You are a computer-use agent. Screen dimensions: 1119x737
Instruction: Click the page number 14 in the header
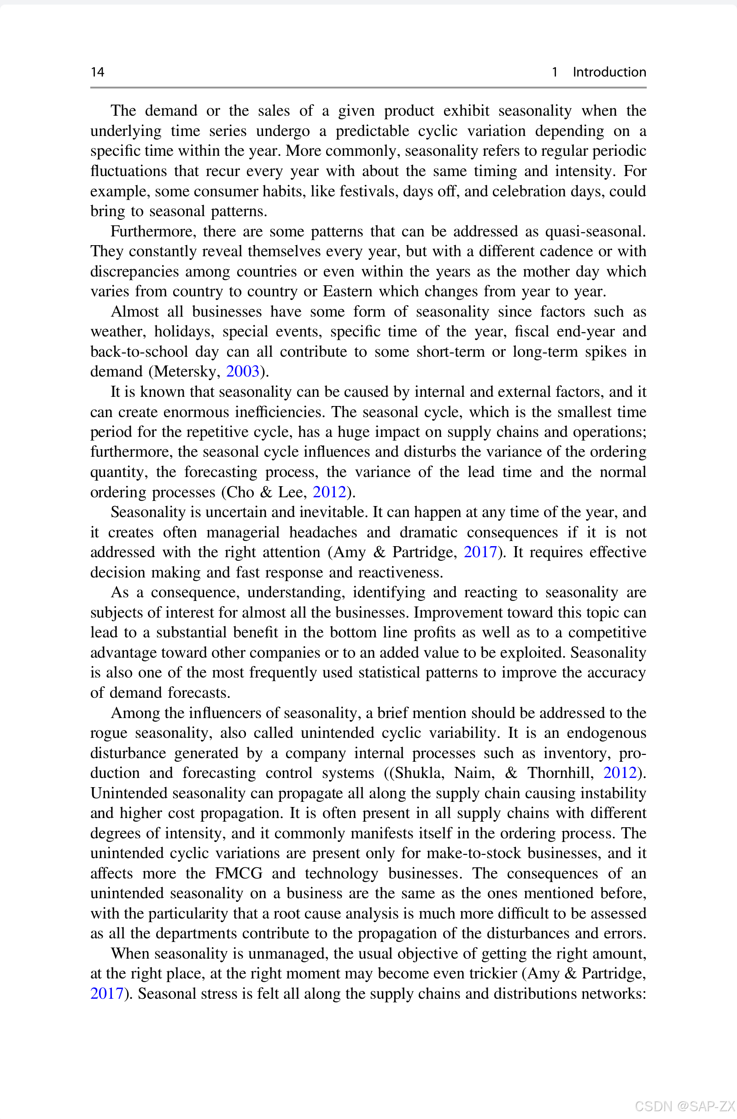pyautogui.click(x=97, y=72)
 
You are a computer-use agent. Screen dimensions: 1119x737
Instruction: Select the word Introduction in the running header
pyautogui.click(x=609, y=72)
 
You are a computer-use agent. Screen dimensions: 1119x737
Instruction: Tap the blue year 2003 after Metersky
pyautogui.click(x=243, y=371)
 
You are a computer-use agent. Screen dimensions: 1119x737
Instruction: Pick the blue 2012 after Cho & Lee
pyautogui.click(x=329, y=492)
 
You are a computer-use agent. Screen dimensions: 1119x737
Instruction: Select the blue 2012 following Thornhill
pyautogui.click(x=620, y=772)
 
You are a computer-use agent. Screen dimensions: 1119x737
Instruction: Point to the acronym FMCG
pyautogui.click(x=238, y=873)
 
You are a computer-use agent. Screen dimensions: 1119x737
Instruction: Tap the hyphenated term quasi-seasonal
pyautogui.click(x=595, y=231)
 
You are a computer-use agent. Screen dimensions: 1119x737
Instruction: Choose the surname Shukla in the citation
pyautogui.click(x=419, y=772)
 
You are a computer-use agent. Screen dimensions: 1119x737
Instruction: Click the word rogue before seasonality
pyautogui.click(x=109, y=732)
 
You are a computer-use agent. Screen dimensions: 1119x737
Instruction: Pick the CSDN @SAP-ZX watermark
pyautogui.click(x=684, y=1106)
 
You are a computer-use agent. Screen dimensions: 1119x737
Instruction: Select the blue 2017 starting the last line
pyautogui.click(x=107, y=994)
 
